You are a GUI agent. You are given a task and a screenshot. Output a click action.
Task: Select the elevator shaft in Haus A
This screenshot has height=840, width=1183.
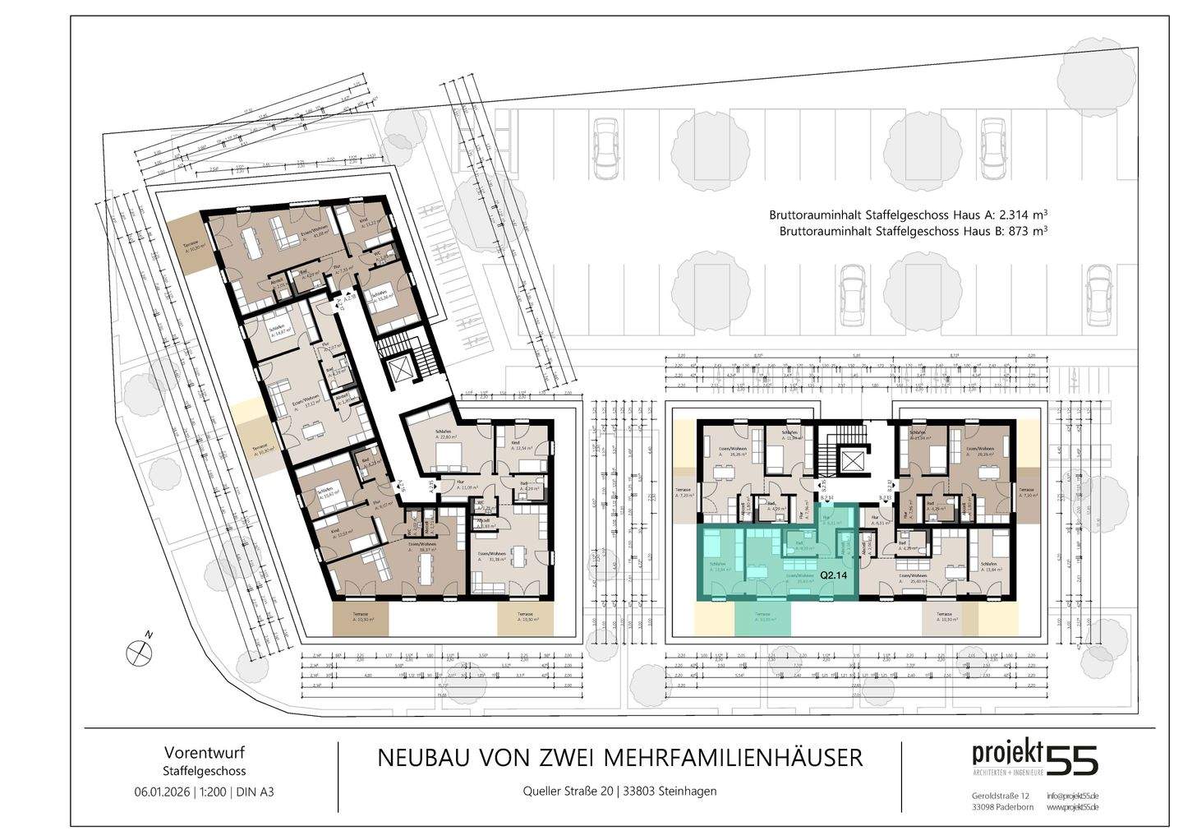pyautogui.click(x=403, y=373)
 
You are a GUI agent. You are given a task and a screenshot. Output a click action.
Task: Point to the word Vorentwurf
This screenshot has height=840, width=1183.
pyautogui.click(x=205, y=752)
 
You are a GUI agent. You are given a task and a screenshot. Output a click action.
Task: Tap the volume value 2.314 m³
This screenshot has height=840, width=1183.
pyautogui.click(x=1017, y=214)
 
